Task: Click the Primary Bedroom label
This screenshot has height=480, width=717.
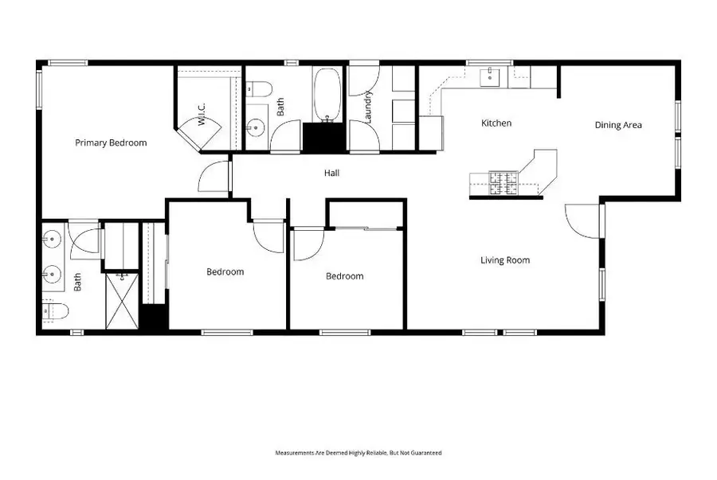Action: pos(111,143)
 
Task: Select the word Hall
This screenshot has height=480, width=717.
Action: pos(332,172)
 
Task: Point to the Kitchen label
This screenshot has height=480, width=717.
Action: pos(496,123)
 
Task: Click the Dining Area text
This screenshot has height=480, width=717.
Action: pos(618,125)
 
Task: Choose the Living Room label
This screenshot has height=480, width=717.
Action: pos(504,260)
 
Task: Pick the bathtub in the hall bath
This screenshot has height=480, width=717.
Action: pos(327,95)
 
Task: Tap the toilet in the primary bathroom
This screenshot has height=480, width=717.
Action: pos(52,310)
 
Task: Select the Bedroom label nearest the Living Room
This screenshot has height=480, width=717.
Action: pos(344,276)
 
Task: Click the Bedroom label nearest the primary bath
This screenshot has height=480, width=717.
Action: pos(225,272)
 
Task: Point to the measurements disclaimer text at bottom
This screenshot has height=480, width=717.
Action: pos(358,453)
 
